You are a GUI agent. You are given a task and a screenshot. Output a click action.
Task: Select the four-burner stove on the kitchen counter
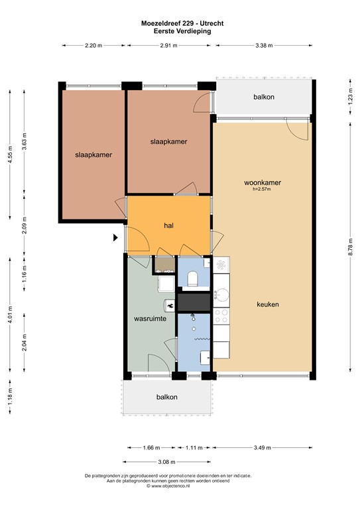point(221,318)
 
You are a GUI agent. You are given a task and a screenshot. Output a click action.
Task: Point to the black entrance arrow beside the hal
point(115,237)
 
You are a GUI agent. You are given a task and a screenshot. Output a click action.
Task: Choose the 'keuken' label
point(268,304)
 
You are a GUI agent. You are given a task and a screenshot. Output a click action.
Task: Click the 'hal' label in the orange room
point(169,226)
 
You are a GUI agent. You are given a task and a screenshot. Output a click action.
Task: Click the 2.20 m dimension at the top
point(93,45)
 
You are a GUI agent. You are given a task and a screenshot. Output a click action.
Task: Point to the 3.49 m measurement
point(262,447)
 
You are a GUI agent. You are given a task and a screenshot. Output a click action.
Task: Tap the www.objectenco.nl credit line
point(181,486)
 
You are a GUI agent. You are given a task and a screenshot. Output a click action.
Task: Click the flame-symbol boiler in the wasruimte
point(170,306)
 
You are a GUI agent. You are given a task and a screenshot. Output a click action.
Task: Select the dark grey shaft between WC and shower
point(193,302)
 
